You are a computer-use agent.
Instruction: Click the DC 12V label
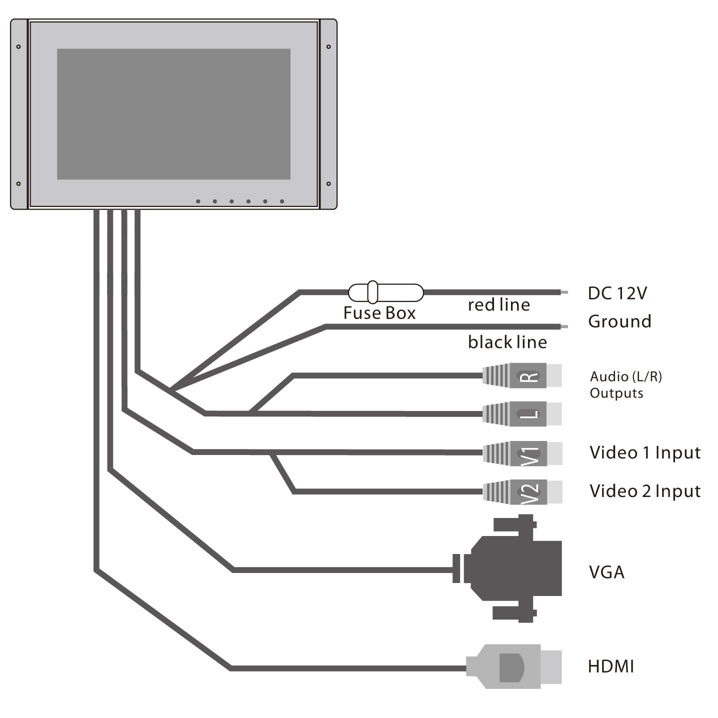[x=617, y=293]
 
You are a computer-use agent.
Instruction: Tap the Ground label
[x=619, y=321]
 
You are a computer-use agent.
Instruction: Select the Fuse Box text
[x=379, y=313]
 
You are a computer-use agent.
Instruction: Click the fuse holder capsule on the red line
[x=385, y=292]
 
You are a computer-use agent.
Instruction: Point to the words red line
[x=498, y=304]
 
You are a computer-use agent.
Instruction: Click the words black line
[x=507, y=342]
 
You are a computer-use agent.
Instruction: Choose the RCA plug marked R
[x=522, y=375]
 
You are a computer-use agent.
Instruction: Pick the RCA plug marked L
[x=522, y=413]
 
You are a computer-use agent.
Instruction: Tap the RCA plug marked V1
[x=522, y=453]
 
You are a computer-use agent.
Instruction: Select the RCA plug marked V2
[x=522, y=491]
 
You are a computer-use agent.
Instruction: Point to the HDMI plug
[x=513, y=666]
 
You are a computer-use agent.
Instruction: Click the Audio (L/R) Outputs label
[x=625, y=384]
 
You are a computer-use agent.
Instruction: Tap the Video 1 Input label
[x=644, y=452]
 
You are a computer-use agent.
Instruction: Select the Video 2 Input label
[x=644, y=491]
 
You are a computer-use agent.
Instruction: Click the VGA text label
[x=606, y=572]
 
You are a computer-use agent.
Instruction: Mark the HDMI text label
[x=610, y=666]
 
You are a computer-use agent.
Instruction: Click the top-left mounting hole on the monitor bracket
[x=18, y=47]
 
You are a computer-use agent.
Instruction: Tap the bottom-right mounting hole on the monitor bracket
[x=328, y=183]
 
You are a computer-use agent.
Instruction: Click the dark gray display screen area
[x=173, y=114]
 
